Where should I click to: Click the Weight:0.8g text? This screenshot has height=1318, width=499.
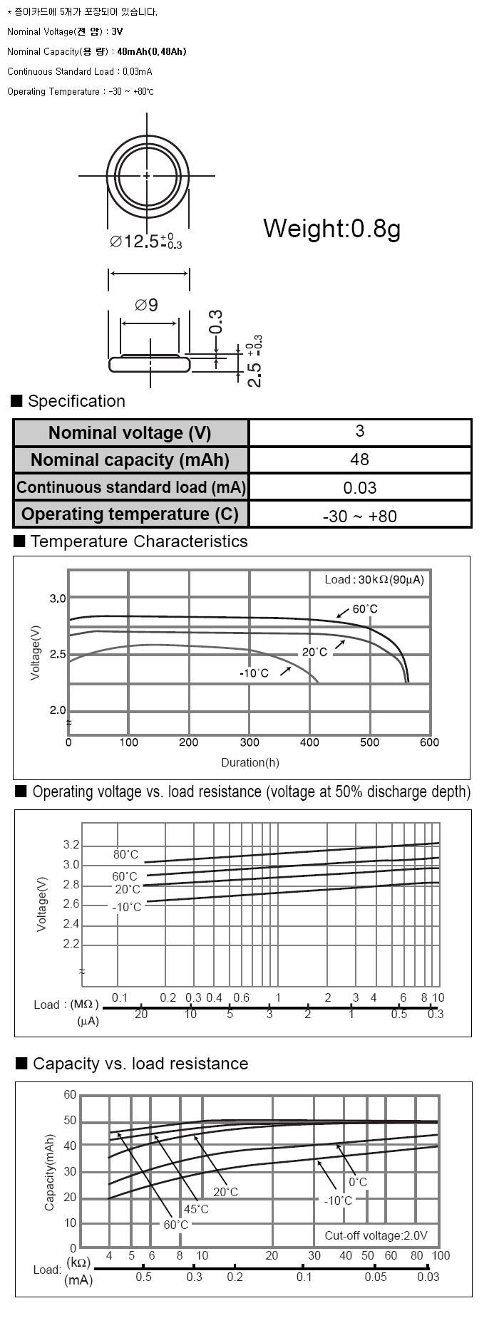click(x=331, y=229)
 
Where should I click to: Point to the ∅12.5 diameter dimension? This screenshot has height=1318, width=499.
click(x=145, y=242)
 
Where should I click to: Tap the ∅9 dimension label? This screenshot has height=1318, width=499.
click(x=146, y=305)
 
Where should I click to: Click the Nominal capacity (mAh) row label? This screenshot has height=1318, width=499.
click(x=130, y=460)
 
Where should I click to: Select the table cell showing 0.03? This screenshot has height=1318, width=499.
click(x=360, y=488)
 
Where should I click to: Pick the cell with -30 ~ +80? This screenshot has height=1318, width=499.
click(x=360, y=516)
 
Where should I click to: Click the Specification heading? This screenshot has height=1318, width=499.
click(x=76, y=401)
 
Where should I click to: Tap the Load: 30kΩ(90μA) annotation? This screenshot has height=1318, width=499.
click(x=374, y=579)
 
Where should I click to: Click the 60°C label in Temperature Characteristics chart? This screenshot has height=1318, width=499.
click(x=365, y=609)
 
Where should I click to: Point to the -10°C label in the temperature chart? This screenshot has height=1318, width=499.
click(x=254, y=673)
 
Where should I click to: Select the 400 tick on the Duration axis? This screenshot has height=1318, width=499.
click(x=309, y=742)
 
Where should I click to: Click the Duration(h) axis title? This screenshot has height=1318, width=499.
click(x=249, y=762)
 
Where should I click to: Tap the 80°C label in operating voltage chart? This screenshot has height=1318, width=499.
click(x=125, y=854)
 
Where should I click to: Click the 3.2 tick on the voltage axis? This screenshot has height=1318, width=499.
click(x=71, y=845)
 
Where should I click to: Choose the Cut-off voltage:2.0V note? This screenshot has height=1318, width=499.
click(x=376, y=1235)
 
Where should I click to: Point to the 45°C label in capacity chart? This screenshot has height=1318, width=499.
click(x=196, y=1209)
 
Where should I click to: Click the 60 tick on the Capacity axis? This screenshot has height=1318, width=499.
click(x=70, y=1095)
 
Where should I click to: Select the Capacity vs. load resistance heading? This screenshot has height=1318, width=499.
click(x=140, y=1064)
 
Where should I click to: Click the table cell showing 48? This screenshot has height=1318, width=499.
click(x=360, y=460)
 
